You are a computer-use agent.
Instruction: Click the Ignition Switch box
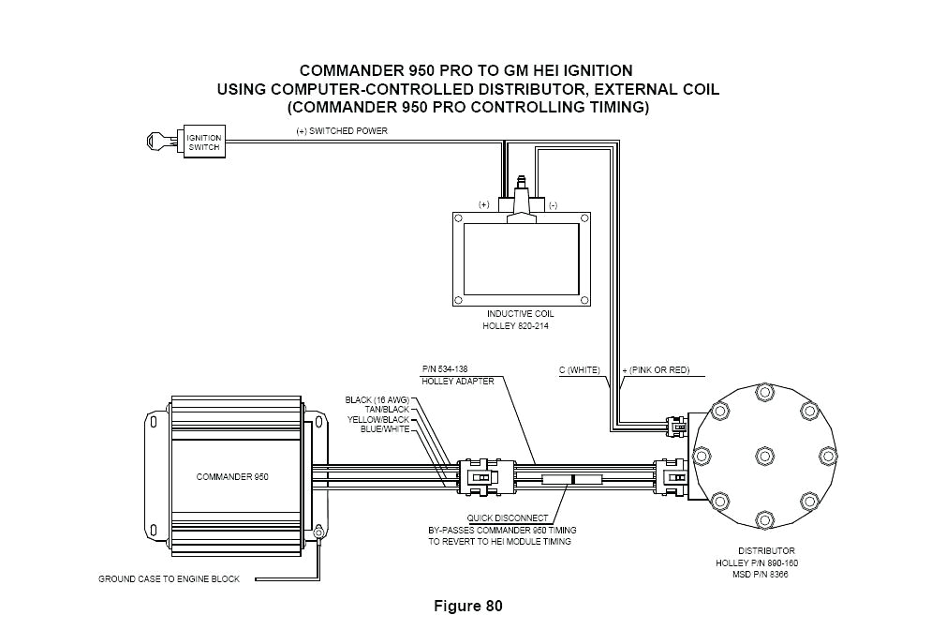tap(203, 142)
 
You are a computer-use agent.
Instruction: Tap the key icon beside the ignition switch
tap(160, 142)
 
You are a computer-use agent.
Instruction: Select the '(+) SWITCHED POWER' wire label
tap(336, 131)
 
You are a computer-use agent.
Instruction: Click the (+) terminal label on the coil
tap(484, 203)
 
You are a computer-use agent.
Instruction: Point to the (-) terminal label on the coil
tap(553, 203)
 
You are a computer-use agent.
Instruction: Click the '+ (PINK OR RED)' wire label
tap(656, 370)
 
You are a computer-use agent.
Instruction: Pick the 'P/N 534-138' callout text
tap(445, 369)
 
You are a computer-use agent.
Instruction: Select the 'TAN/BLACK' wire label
tap(387, 410)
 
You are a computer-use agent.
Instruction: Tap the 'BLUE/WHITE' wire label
tap(384, 428)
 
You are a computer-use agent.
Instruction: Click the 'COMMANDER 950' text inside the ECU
tap(232, 476)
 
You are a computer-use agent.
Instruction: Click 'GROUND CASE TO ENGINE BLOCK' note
tap(169, 579)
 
